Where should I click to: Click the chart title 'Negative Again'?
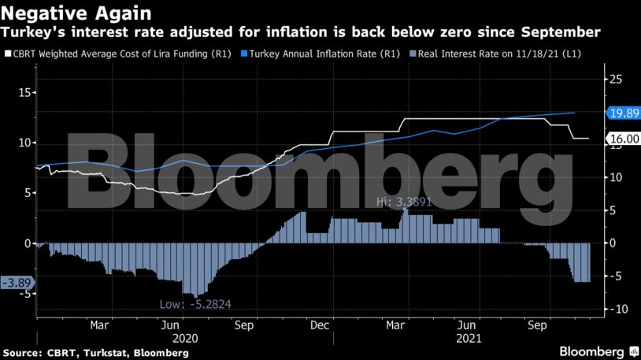coord(77,13)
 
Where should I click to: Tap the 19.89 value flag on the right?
coord(623,113)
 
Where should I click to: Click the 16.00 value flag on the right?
coord(623,139)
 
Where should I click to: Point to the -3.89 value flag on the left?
coord(17,281)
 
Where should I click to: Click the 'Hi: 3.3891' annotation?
coord(404,202)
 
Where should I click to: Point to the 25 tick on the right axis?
coord(615,79)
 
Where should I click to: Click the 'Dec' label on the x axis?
coord(319,324)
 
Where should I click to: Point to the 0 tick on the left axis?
coord(27,243)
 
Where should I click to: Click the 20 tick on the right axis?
coord(615,112)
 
